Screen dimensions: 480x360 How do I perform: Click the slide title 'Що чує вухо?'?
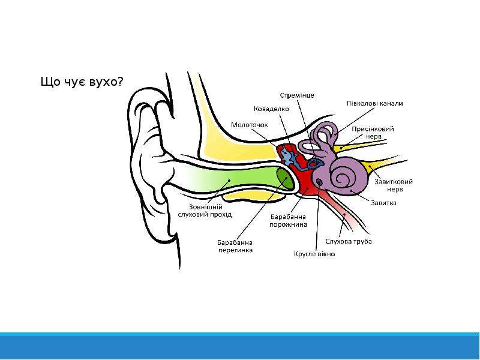pos(82,82)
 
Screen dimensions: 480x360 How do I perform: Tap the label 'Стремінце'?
pos(297,95)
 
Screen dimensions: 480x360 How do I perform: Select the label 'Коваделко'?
pos(271,109)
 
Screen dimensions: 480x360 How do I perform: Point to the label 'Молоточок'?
pos(249,125)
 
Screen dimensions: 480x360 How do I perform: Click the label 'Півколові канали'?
pos(374,103)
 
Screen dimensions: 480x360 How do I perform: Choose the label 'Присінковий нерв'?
pos(373,133)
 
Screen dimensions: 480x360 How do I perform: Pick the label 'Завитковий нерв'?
pos(394,185)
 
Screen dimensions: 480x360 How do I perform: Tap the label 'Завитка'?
pos(383,203)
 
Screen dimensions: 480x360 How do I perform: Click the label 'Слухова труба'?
pos(349,241)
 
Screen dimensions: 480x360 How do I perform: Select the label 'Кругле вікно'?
pos(314,254)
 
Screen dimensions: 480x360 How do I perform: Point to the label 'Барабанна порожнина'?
pos(288,220)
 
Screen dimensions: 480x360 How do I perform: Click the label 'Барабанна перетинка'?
pos(235,246)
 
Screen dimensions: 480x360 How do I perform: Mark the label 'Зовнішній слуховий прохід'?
pos(205,211)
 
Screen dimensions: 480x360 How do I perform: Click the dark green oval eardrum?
pos(285,179)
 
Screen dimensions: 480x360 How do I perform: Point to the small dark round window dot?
pos(319,182)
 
